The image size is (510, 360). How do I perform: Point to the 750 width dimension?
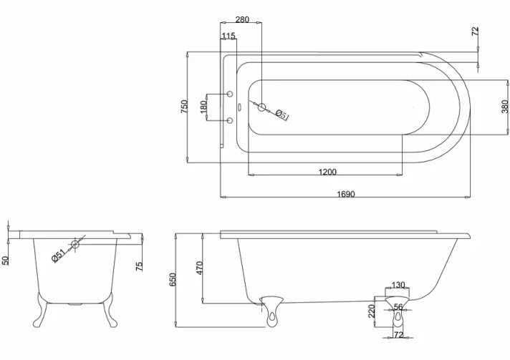pyautogui.click(x=184, y=107)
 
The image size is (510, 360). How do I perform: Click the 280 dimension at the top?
pyautogui.click(x=242, y=19)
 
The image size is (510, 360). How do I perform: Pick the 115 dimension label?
pyautogui.click(x=228, y=36)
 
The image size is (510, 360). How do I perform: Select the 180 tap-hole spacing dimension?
pyautogui.click(x=203, y=107)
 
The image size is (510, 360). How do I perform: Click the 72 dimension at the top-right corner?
pyautogui.click(x=476, y=31)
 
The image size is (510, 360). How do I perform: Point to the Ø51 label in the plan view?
pyautogui.click(x=282, y=115)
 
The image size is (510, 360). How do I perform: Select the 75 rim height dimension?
pyautogui.click(x=140, y=266)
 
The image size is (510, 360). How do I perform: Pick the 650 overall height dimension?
pyautogui.click(x=172, y=279)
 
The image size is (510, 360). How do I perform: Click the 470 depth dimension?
pyautogui.click(x=200, y=268)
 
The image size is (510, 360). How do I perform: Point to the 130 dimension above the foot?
pyautogui.click(x=398, y=285)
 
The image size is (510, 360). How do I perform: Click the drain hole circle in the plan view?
pyautogui.click(x=262, y=108)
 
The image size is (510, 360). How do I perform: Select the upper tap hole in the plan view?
pyautogui.click(x=230, y=94)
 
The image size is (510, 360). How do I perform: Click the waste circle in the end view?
pyautogui.click(x=75, y=245)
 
